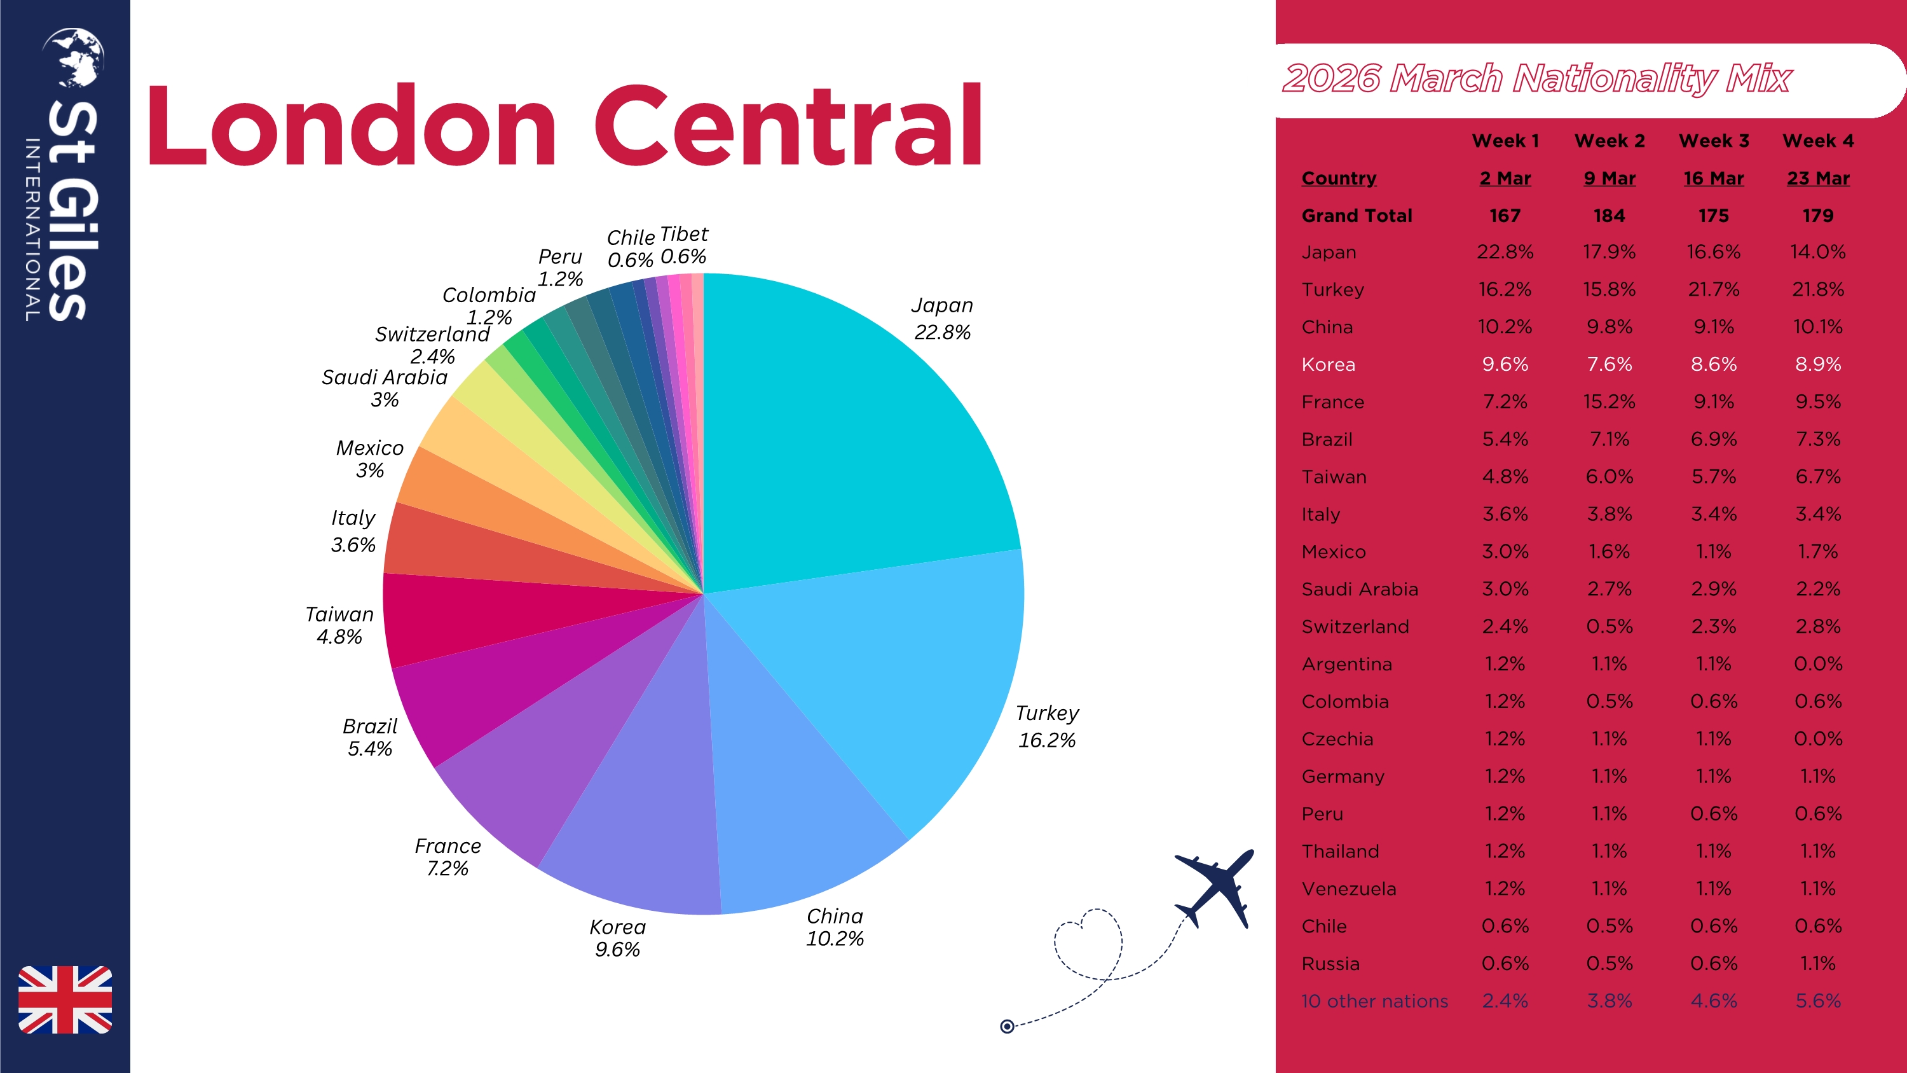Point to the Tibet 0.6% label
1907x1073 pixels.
683,245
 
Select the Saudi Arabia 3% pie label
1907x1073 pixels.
384,388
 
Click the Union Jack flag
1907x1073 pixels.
65,999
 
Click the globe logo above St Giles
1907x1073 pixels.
73,57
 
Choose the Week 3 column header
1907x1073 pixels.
1714,141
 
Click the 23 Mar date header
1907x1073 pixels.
1817,179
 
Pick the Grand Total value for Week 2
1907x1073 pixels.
1609,216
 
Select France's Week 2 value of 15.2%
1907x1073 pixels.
1609,402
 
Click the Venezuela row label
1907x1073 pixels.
1349,889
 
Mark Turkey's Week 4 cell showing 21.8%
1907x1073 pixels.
1817,289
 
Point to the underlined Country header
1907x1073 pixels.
1339,179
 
